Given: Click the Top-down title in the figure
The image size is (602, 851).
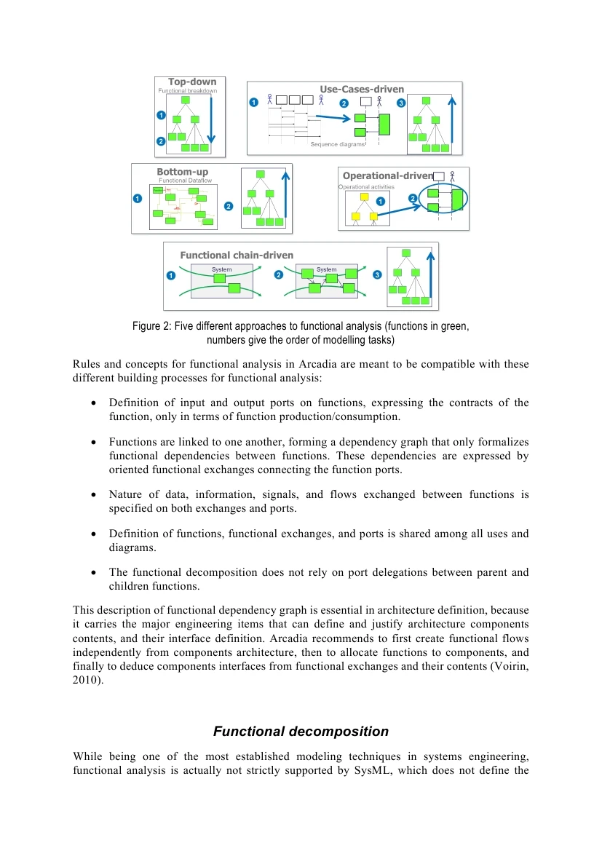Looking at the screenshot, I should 192,82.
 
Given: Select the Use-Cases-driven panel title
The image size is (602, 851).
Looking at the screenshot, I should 362,89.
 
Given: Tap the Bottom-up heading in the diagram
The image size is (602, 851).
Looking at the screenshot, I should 182,172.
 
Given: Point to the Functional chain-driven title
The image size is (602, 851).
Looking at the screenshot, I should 237,255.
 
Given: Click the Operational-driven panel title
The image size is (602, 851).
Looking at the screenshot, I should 387,175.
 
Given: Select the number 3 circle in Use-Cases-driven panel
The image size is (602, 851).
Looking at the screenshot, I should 401,103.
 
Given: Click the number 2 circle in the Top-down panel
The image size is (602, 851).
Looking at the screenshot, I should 161,140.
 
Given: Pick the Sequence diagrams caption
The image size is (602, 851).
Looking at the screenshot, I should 337,144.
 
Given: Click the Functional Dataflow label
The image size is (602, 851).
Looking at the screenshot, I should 185,180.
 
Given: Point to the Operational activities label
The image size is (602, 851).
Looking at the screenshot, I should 366,187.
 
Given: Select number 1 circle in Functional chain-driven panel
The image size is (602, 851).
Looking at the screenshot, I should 171,275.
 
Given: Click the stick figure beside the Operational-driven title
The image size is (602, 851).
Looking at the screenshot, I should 452,176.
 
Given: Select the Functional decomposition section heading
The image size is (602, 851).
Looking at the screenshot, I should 301,732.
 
